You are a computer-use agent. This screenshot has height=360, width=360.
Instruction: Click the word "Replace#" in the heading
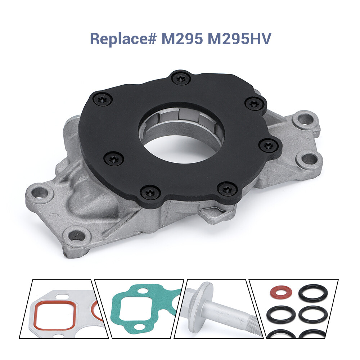122,39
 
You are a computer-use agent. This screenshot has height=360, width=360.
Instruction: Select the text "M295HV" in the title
239,39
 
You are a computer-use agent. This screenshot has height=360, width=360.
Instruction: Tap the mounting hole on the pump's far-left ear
39,193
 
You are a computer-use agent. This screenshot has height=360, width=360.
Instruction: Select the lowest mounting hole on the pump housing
76,236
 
